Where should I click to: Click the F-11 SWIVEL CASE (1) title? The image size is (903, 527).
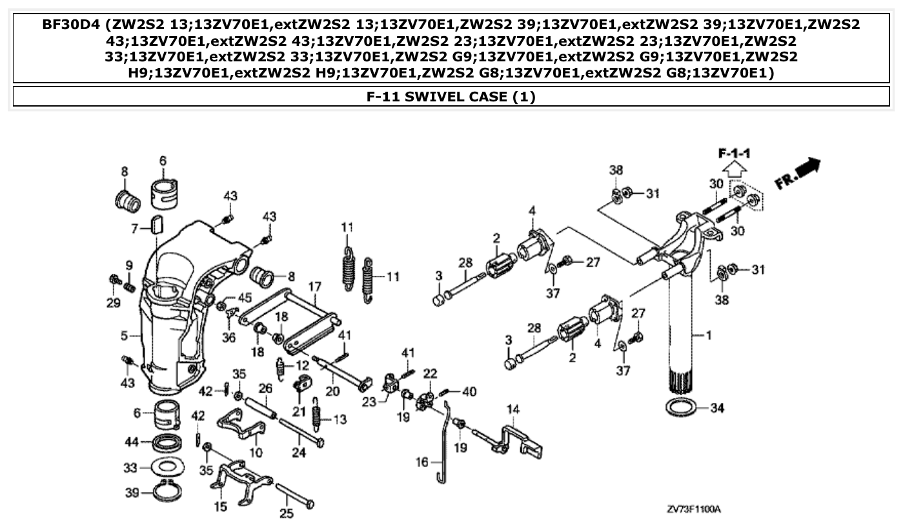tap(451, 97)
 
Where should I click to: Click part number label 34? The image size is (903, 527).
tap(717, 408)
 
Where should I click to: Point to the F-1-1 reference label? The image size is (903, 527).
tap(735, 154)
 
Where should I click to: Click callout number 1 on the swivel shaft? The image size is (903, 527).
tap(708, 335)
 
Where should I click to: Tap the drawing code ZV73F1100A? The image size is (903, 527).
tap(693, 510)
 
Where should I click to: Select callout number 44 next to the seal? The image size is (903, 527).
tap(132, 442)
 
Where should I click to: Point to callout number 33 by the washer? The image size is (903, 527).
tap(131, 467)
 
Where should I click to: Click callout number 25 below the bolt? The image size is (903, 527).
tap(286, 514)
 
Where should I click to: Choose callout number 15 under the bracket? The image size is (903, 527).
tap(221, 507)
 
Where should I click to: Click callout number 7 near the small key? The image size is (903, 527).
tap(135, 229)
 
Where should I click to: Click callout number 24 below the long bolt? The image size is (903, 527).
tap(298, 453)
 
